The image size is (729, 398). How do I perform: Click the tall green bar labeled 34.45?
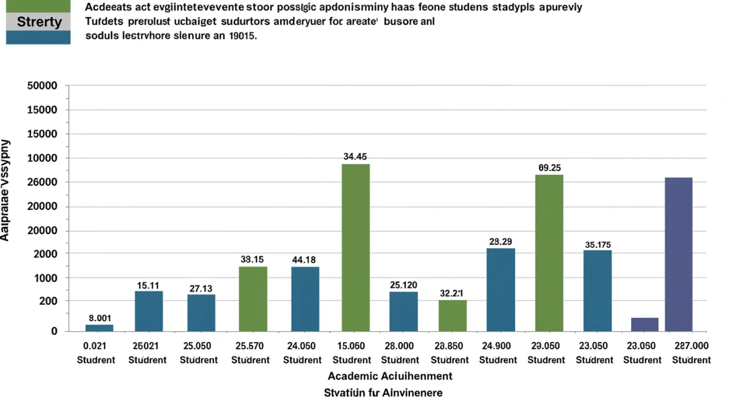pyautogui.click(x=355, y=247)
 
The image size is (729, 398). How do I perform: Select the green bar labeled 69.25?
pyautogui.click(x=549, y=253)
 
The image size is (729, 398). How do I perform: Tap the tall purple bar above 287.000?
pyautogui.click(x=679, y=254)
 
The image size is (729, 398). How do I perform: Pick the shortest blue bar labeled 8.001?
pyautogui.click(x=99, y=327)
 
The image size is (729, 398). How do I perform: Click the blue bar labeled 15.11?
pyautogui.click(x=149, y=310)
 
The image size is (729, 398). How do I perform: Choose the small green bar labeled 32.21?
pyautogui.click(x=453, y=315)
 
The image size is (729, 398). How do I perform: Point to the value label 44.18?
pyautogui.click(x=304, y=260)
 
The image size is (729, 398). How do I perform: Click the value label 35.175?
pyautogui.click(x=598, y=245)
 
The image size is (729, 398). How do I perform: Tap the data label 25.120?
pyautogui.click(x=403, y=285)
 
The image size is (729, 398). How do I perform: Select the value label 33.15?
pyautogui.click(x=252, y=259)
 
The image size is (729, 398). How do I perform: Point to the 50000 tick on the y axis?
pyautogui.click(x=43, y=86)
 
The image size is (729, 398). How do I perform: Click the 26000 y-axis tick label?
pyautogui.click(x=43, y=182)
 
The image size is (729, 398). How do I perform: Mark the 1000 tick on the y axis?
pyautogui.click(x=45, y=278)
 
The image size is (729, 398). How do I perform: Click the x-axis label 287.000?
pyautogui.click(x=691, y=346)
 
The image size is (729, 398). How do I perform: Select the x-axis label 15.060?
pyautogui.click(x=352, y=346)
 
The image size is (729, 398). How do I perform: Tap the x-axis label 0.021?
pyautogui.click(x=95, y=346)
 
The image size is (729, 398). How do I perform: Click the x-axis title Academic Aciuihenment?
pyautogui.click(x=390, y=375)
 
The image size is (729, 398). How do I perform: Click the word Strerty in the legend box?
pyautogui.click(x=39, y=23)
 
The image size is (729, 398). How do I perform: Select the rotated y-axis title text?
pyautogui.click(x=5, y=190)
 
